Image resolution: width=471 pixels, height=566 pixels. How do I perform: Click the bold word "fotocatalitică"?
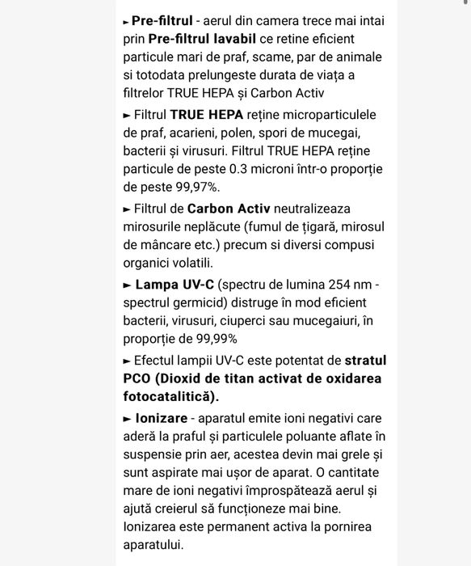168,396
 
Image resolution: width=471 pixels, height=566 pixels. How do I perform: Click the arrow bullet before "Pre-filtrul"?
126,22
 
